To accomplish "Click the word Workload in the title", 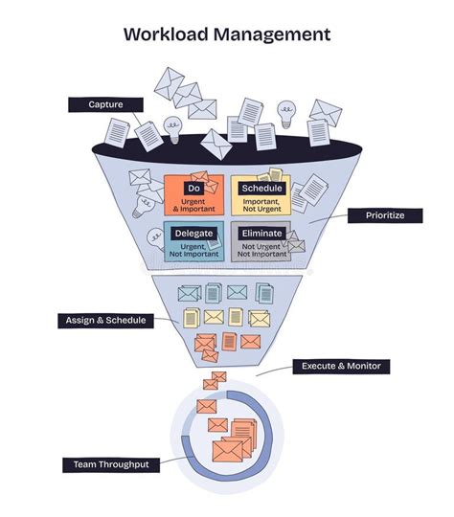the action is tap(166, 34).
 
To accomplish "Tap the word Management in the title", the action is tap(272, 35).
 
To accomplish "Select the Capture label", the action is tap(105, 105).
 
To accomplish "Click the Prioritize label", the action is tap(385, 215).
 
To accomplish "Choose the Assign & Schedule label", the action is tap(105, 321).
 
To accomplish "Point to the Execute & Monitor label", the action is tap(341, 367).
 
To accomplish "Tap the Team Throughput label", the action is tap(111, 465).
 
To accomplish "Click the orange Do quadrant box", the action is tap(194, 195).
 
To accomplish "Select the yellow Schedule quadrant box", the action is tap(261, 195).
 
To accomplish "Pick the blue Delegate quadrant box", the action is tap(194, 241).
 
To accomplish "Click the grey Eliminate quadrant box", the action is tap(261, 241).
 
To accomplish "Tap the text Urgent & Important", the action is tap(193, 206).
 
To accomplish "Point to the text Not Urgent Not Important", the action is tap(261, 250).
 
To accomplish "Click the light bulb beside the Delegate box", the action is tap(156, 238).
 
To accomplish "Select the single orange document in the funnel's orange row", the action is tap(230, 342).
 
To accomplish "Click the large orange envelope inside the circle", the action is tap(227, 451).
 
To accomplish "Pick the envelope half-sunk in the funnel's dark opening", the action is tap(216, 144).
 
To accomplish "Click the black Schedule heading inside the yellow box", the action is tap(262, 189).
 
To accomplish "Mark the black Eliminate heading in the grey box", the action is tap(262, 234).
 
